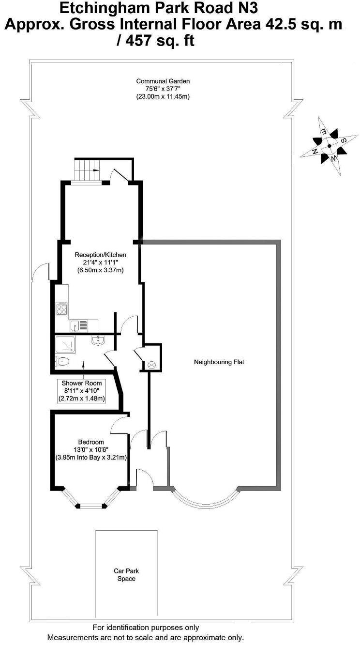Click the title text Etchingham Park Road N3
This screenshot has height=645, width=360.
[x=162, y=8]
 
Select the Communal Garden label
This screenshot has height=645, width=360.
[x=163, y=81]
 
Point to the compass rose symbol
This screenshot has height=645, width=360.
[x=329, y=145]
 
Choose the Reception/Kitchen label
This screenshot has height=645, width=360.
[x=100, y=255]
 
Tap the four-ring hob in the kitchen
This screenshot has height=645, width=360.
[x=62, y=308]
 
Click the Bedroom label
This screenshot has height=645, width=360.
[x=91, y=442]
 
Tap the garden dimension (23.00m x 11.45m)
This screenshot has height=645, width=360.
[x=163, y=96]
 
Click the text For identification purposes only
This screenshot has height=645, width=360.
[x=145, y=628]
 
